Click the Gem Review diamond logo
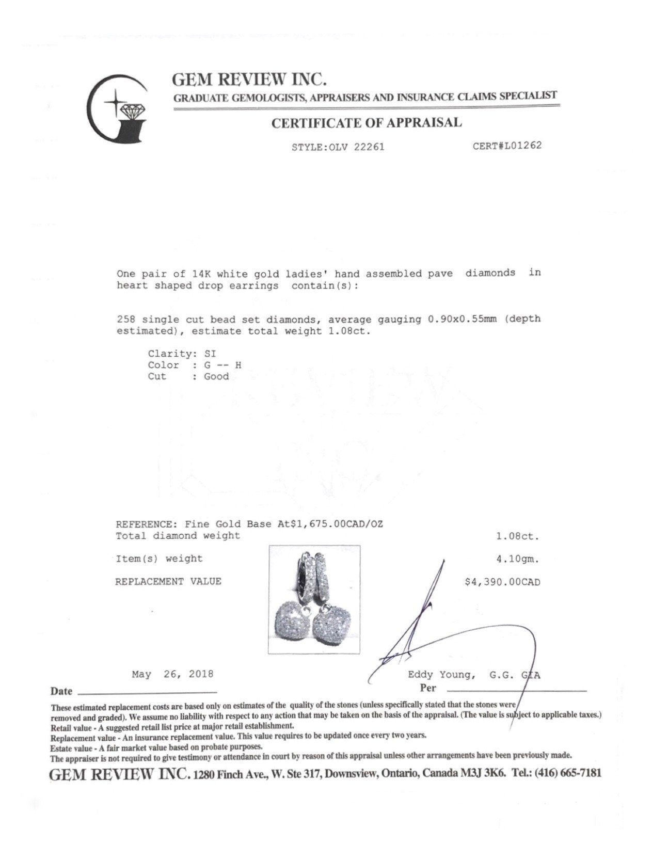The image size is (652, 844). click(x=118, y=108)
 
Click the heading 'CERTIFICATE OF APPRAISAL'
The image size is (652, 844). click(x=367, y=123)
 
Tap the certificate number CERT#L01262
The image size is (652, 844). click(x=507, y=146)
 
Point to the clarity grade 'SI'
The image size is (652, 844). click(x=210, y=354)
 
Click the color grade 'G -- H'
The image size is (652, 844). click(x=222, y=365)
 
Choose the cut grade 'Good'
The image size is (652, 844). click(x=216, y=376)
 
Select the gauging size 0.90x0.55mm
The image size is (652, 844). click(x=462, y=319)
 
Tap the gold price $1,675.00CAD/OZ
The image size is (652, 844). click(x=337, y=524)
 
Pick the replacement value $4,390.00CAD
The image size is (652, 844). click(x=502, y=582)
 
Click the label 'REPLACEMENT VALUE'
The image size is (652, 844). click(x=168, y=581)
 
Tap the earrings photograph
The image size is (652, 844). click(x=314, y=599)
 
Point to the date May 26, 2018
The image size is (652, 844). click(x=172, y=674)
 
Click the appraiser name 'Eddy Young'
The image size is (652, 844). click(x=439, y=675)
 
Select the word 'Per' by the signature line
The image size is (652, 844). click(x=428, y=688)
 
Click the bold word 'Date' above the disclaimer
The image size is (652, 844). click(x=61, y=691)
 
